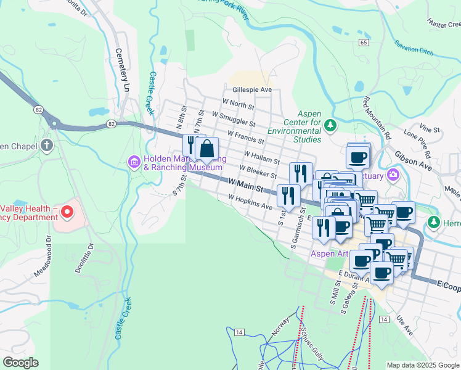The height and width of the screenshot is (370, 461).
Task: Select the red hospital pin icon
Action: pyautogui.click(x=66, y=213)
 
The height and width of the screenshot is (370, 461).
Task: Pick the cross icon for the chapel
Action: pyautogui.click(x=46, y=146)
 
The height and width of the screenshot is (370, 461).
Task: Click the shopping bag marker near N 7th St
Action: pyautogui.click(x=207, y=149)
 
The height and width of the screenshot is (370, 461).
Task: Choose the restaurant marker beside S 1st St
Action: pyautogui.click(x=288, y=196)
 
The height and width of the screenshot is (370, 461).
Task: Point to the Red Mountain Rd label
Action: pyautogui.click(x=377, y=117)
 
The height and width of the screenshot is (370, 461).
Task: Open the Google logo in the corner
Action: pyautogui.click(x=21, y=363)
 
